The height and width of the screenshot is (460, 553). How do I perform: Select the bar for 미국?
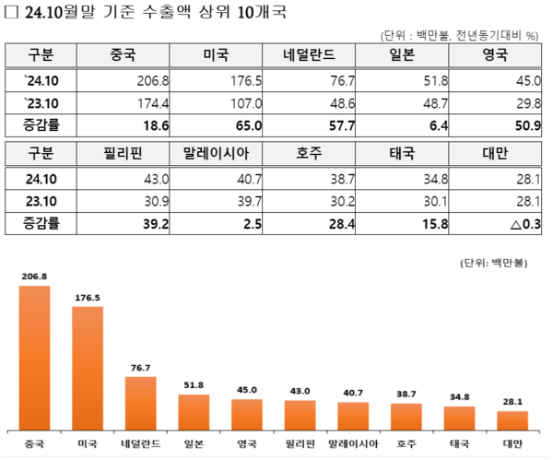pyautogui.click(x=88, y=368)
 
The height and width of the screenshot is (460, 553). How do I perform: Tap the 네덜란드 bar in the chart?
pyautogui.click(x=140, y=403)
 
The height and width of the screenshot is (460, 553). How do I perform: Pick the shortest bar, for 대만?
pyautogui.click(x=512, y=420)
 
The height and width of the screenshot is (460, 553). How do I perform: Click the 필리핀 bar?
pyautogui.click(x=300, y=415)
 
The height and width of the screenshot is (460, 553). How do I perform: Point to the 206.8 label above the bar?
pyautogui.click(x=34, y=276)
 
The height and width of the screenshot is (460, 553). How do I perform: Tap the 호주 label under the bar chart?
pyautogui.click(x=406, y=443)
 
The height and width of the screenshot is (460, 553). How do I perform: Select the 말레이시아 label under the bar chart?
pyautogui.click(x=352, y=443)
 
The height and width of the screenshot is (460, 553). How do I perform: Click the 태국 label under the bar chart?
pyautogui.click(x=458, y=443)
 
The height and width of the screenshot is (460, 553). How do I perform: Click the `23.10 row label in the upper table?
pyautogui.click(x=41, y=101)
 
